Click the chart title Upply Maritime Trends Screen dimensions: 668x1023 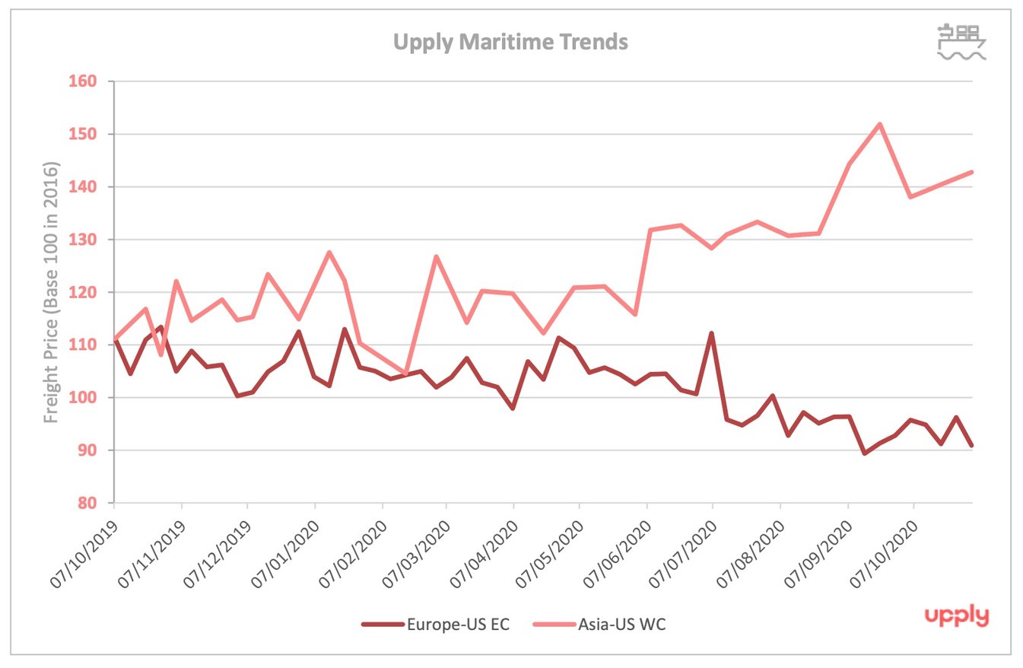point(510,41)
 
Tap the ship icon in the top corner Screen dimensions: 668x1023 point(961,42)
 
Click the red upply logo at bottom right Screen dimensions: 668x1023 point(956,616)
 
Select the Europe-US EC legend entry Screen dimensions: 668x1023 point(435,625)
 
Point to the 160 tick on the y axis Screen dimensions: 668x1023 point(90,81)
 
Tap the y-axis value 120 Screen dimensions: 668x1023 point(90,292)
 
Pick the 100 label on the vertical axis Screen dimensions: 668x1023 point(90,398)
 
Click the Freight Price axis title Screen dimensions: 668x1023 point(51,292)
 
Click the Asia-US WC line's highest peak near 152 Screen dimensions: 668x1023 point(880,124)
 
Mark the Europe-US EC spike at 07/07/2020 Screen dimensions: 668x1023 point(712,333)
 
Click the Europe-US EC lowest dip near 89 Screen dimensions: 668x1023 point(864,453)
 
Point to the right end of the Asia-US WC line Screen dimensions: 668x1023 point(971,172)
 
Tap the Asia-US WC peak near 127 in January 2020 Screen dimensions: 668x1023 point(329,253)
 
